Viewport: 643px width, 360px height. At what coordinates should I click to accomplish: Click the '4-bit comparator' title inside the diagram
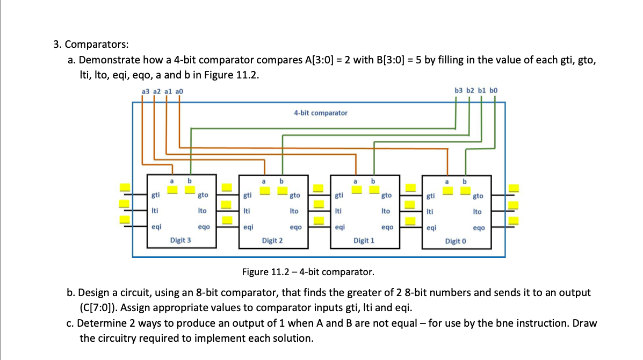coord(320,113)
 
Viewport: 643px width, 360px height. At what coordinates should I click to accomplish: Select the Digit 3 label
coord(180,240)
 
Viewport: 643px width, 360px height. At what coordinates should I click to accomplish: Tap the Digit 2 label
coord(272,241)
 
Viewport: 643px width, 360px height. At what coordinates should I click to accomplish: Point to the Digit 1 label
coord(364,241)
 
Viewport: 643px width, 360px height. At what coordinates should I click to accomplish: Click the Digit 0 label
coord(456,241)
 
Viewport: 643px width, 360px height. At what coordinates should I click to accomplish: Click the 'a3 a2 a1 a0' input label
coord(162,91)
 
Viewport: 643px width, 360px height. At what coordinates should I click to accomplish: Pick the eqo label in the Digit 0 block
coord(479,228)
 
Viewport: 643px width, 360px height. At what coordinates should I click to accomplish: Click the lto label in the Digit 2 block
coord(294,212)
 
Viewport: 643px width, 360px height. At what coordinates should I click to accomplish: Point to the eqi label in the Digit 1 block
coord(339,227)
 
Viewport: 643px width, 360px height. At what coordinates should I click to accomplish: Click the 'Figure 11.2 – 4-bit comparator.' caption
coord(308,272)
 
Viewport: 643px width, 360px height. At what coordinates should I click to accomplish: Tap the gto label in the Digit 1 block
coord(386,196)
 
